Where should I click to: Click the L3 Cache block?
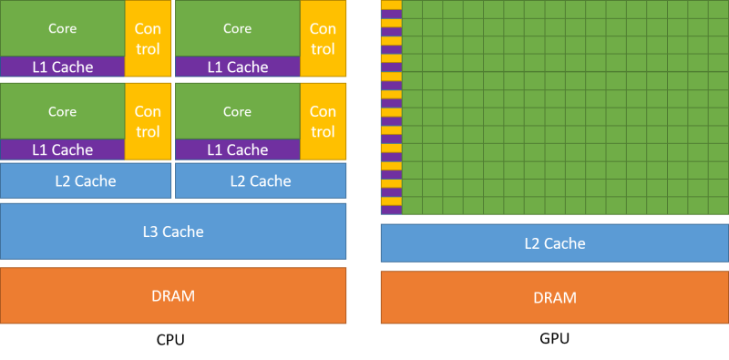tap(173, 231)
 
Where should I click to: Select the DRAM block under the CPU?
tap(173, 295)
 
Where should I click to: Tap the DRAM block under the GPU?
tap(554, 297)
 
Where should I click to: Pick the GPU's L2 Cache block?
tap(554, 243)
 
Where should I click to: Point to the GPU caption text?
tap(554, 339)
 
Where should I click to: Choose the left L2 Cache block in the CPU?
tap(86, 180)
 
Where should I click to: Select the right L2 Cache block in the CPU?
tap(261, 180)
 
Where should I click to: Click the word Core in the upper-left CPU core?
tap(62, 28)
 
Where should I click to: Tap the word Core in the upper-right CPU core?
tap(237, 28)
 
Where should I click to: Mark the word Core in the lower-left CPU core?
tap(62, 111)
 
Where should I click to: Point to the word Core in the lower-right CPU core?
tap(237, 111)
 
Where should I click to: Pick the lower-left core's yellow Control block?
tap(148, 121)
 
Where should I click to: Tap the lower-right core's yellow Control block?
tap(323, 121)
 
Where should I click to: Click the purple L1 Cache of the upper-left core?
tap(62, 67)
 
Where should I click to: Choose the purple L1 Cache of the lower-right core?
tap(237, 149)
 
